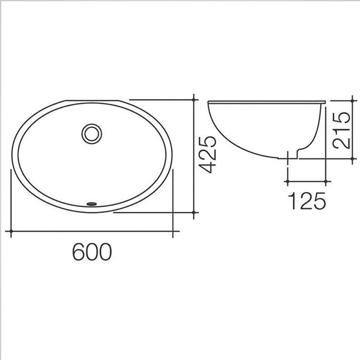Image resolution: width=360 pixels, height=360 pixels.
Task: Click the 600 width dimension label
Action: coord(92,251)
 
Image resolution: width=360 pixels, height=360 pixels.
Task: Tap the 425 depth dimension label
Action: coord(208,155)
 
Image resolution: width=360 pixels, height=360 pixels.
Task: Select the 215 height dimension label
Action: coord(341,130)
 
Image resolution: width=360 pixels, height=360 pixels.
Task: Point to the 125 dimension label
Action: coord(307,200)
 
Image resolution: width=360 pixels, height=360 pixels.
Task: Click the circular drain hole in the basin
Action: coord(92,134)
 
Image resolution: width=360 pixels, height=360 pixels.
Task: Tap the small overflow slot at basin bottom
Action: coord(92,203)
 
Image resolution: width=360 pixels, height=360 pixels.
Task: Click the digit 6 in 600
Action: coord(79,251)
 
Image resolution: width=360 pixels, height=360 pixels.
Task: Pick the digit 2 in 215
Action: coord(341,143)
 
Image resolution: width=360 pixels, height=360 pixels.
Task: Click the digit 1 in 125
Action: coord(293,200)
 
